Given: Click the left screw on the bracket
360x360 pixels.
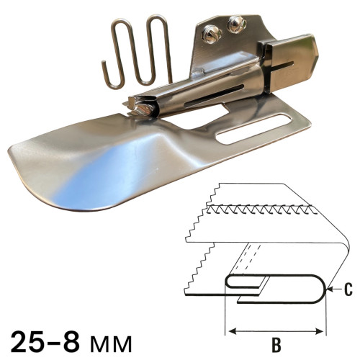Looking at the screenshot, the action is pyautogui.click(x=211, y=35).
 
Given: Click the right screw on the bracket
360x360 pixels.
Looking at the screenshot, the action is pyautogui.click(x=237, y=24).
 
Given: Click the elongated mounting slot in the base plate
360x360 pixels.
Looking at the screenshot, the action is pyautogui.click(x=253, y=130).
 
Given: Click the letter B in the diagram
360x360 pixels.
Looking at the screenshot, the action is pyautogui.click(x=276, y=345).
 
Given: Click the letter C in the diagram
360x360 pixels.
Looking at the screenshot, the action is pyautogui.click(x=348, y=289).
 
